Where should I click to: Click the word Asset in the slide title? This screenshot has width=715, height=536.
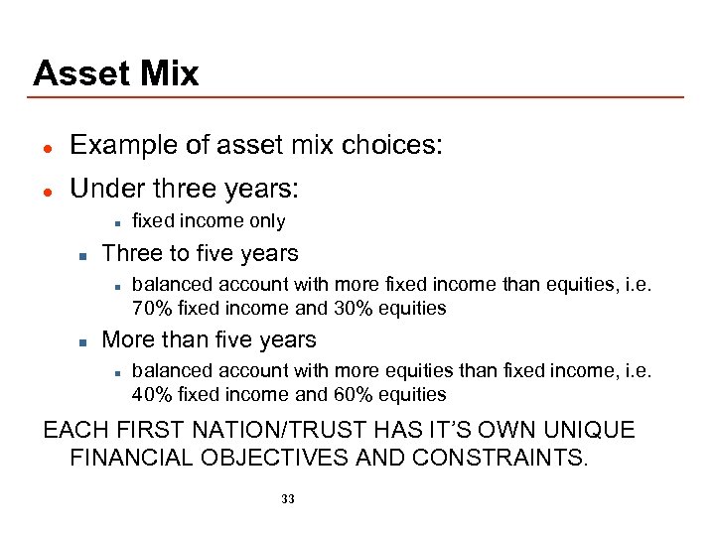(x=79, y=73)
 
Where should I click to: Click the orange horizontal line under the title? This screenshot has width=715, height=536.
(x=357, y=97)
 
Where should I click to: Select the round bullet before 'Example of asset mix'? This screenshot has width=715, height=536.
(x=47, y=147)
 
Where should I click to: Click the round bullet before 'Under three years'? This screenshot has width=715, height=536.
(x=47, y=189)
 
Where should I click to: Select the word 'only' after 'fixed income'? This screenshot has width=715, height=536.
(x=267, y=221)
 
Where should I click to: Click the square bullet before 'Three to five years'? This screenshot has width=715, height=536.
(x=83, y=254)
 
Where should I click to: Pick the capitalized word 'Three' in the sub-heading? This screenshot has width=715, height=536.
(x=132, y=253)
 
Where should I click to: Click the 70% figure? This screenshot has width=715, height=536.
(x=150, y=308)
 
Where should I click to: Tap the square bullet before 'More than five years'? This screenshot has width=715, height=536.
(x=83, y=340)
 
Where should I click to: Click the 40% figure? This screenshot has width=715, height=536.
(x=150, y=394)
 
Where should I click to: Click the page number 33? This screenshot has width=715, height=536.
(x=288, y=499)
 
